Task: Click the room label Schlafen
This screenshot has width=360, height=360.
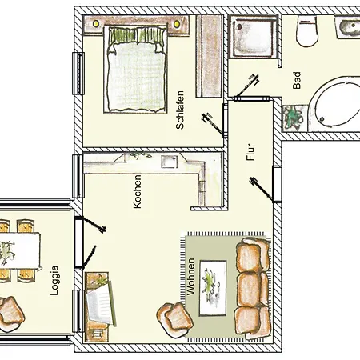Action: click(180, 110)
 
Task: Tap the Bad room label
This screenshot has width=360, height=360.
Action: click(297, 80)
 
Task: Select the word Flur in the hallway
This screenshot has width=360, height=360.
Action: click(250, 152)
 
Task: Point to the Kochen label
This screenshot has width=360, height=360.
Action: click(137, 191)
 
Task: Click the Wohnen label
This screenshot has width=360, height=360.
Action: click(191, 277)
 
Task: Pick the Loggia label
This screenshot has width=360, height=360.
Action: click(54, 280)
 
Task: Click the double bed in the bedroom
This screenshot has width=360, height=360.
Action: click(135, 70)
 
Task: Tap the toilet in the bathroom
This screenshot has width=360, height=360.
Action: click(307, 31)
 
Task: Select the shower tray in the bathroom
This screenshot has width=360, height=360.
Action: click(253, 37)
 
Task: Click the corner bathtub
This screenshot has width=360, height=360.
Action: click(337, 105)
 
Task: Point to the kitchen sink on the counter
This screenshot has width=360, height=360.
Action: click(169, 162)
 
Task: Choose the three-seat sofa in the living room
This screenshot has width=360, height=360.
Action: click(253, 288)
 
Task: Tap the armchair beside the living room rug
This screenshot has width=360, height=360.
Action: click(174, 319)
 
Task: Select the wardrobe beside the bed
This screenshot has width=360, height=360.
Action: click(209, 56)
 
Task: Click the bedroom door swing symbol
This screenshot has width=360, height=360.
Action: click(214, 125)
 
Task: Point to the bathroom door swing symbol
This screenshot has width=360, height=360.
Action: click(246, 86)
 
